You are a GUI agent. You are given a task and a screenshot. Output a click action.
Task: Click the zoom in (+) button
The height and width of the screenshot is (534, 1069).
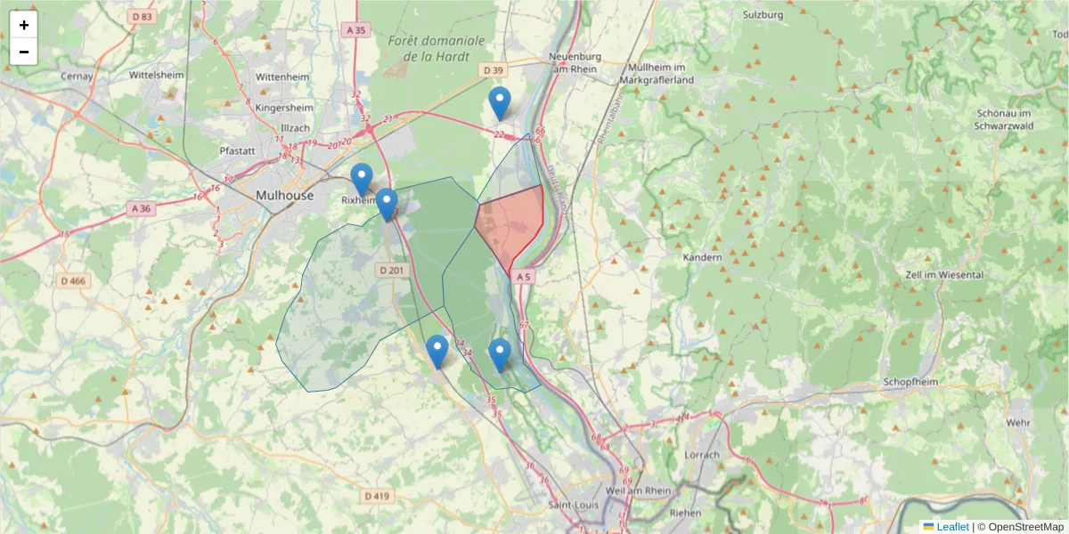tap(24, 25)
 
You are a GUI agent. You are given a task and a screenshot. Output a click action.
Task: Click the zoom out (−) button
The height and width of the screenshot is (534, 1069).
tap(24, 52)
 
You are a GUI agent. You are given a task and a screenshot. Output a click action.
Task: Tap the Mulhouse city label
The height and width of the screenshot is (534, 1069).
tap(284, 195)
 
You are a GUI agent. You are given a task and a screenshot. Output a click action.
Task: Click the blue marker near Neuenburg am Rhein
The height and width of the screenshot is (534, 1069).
tap(500, 103)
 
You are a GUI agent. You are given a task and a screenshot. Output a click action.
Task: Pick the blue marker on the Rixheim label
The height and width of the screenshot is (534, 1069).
tap(361, 180)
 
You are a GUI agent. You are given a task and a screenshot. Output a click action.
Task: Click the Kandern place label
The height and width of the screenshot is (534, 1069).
tap(702, 257)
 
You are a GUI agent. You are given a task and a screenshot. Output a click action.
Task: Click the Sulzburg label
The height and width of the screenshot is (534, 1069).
tap(763, 15)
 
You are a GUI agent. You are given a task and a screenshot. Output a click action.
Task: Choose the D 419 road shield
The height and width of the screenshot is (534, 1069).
tap(377, 496)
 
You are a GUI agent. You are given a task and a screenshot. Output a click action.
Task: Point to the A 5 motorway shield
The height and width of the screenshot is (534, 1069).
tap(523, 277)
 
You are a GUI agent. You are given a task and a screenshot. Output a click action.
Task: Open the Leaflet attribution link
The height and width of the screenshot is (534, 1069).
tap(952, 526)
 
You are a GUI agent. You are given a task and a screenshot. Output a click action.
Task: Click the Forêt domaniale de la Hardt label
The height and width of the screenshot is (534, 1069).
tap(437, 48)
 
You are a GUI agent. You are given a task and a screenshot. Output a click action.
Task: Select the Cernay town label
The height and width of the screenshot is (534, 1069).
tap(77, 77)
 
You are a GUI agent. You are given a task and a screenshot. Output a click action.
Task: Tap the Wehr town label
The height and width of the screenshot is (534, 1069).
tap(1017, 422)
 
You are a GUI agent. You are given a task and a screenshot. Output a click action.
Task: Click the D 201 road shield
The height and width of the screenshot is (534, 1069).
tap(391, 270)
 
